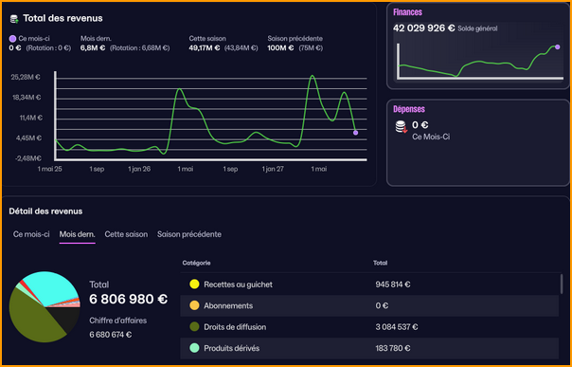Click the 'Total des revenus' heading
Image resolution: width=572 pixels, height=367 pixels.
63,18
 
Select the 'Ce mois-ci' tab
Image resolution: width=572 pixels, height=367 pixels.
31,233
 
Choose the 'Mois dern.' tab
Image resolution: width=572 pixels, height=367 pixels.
77,233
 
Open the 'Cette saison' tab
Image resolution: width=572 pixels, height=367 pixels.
126,233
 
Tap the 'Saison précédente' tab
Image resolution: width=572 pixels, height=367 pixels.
189,233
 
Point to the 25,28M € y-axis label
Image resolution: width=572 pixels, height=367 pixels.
26,77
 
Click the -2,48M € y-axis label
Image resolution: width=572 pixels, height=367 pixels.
26,158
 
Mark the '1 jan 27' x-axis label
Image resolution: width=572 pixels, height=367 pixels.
274,169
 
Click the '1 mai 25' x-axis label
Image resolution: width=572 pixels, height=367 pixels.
49,169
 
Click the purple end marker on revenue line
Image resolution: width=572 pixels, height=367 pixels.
355,133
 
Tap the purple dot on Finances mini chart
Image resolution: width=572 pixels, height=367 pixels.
557,46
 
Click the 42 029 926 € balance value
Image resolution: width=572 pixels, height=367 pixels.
422,28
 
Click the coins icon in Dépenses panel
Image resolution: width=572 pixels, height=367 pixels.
401,126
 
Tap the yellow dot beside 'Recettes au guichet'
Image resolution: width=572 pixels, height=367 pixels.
193,284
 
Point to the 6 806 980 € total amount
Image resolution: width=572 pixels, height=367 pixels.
128,299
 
